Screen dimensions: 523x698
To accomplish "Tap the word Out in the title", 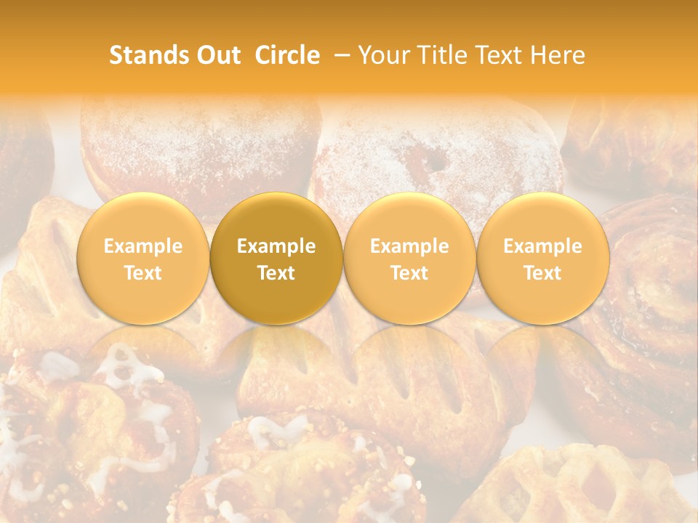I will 217,55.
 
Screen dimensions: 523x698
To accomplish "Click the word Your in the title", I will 381,55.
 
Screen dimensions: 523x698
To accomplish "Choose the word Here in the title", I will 558,55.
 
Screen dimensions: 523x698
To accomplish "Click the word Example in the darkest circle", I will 276,246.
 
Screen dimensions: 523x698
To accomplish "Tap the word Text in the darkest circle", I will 276,273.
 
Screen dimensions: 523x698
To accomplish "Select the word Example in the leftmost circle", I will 143,246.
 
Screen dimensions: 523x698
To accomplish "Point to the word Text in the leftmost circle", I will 143,273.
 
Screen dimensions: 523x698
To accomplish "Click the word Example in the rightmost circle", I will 543,246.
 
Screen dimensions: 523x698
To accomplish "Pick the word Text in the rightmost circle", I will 543,273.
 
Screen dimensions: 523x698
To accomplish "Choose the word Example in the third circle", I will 409,246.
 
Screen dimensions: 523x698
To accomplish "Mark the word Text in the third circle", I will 409,273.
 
